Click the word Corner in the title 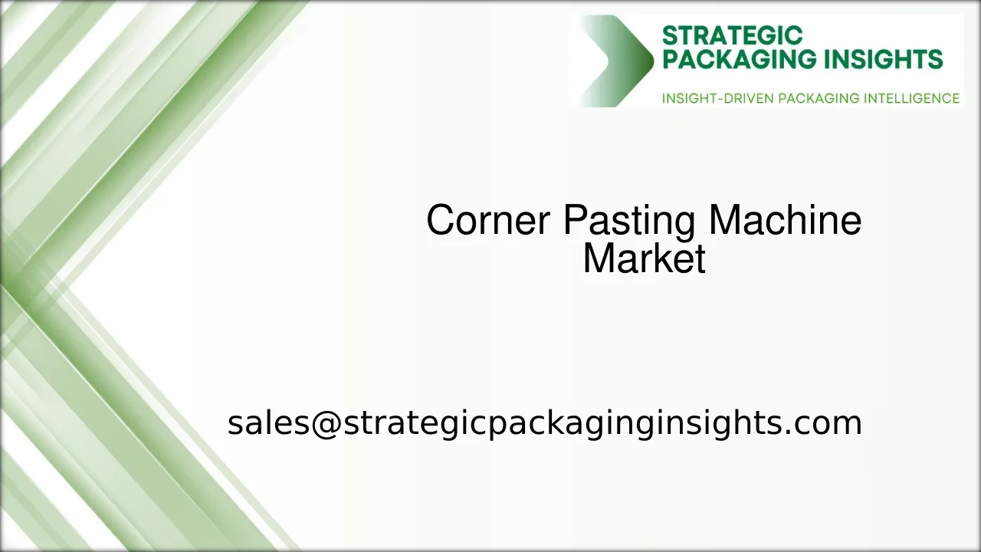click(x=487, y=221)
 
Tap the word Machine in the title click(x=785, y=221)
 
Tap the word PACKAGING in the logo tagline click(x=819, y=99)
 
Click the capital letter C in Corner click(x=440, y=221)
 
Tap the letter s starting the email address click(x=234, y=424)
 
